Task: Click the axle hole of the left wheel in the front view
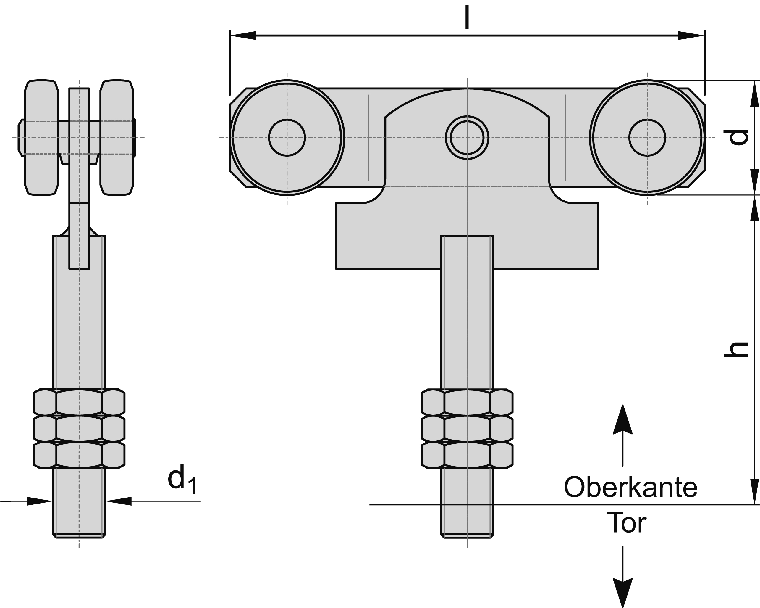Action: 287,137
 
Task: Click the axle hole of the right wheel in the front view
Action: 647,137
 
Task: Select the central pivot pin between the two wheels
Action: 467,137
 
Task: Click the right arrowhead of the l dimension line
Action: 691,35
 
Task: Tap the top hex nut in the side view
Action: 79,402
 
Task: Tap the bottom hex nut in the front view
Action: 467,455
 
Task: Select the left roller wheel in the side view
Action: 41,137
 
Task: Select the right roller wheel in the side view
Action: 117,137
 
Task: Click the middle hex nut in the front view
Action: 467,429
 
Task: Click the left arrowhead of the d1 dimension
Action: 39,501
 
